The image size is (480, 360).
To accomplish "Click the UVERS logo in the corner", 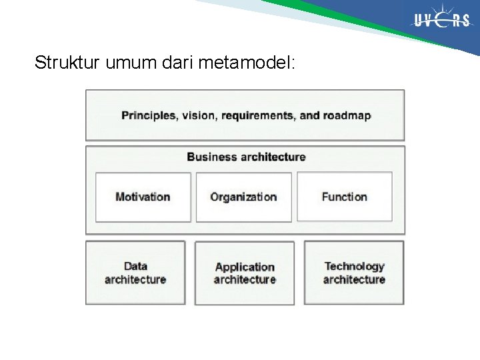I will pos(442,21).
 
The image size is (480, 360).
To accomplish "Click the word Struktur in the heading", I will pos(61,63).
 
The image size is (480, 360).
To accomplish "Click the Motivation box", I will pos(143,197).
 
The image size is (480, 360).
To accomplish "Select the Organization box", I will pos(243,197).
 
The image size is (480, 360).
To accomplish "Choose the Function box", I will pos(344,197).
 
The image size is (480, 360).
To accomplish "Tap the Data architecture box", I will pos(135,273).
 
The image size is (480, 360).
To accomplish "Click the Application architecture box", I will pos(245,273).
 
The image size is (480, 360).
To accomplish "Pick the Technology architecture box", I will pos(354,273).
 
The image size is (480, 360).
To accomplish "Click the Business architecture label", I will pos(245,157).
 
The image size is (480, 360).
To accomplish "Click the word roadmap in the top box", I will pos(347,115).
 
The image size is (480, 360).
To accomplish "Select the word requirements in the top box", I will pos(258,115).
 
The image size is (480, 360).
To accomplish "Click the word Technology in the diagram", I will pos(354,266).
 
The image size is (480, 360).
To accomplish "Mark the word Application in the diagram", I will pos(245,267).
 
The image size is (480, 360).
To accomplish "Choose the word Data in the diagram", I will pos(135,266).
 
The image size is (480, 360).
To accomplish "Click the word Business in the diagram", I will pos(211,157).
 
